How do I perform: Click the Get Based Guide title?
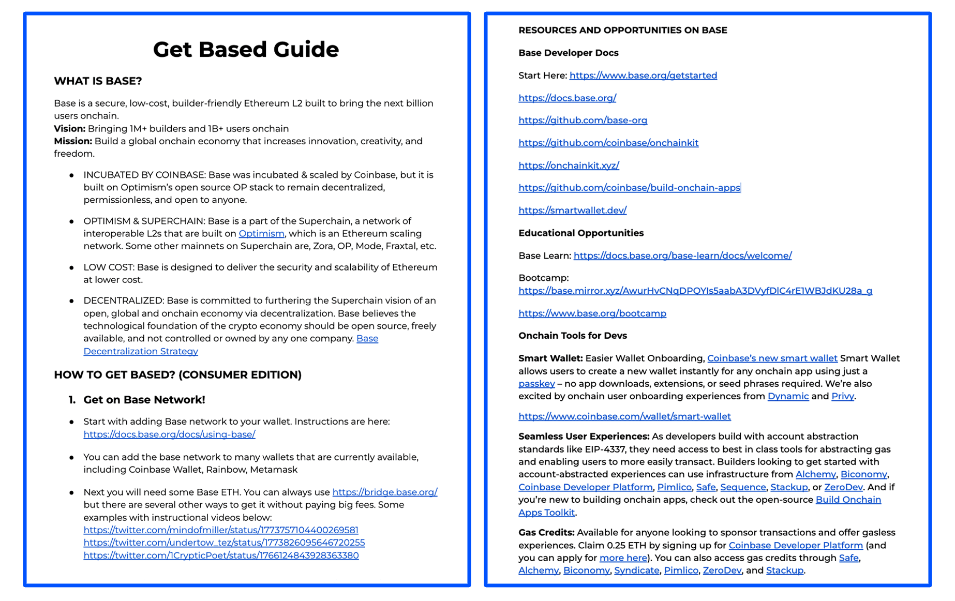(x=246, y=50)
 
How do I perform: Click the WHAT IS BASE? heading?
(x=98, y=81)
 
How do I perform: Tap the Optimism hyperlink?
(x=261, y=234)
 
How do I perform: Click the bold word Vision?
(x=69, y=129)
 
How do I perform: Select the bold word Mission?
(x=72, y=141)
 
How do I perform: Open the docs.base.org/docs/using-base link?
(x=169, y=434)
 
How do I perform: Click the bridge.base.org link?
(x=384, y=492)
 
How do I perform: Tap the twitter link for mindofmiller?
(x=221, y=530)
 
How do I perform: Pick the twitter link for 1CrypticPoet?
(x=221, y=555)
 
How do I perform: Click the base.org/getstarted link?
(x=643, y=76)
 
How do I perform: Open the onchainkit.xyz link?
(x=569, y=166)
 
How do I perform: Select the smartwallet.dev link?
(x=572, y=211)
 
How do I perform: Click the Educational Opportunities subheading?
(x=581, y=233)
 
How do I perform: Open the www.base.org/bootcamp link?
(x=592, y=313)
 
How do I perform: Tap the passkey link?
(x=536, y=384)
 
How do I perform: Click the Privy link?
(x=842, y=396)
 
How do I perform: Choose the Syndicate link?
(x=636, y=570)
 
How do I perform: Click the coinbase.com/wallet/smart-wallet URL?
(x=624, y=416)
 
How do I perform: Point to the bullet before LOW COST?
(x=71, y=268)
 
